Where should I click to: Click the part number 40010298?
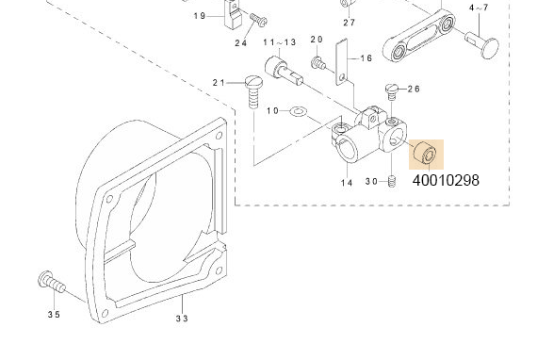click(446, 179)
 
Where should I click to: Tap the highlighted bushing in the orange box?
click(425, 153)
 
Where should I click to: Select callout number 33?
click(182, 319)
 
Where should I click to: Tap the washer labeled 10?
click(298, 112)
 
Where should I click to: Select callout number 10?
click(273, 112)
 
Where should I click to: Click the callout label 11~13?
click(279, 42)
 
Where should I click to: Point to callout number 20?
click(317, 40)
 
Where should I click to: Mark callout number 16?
click(366, 58)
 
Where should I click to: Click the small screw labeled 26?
click(392, 90)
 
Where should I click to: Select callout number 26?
click(413, 90)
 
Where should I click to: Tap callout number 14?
click(347, 183)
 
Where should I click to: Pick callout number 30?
click(371, 182)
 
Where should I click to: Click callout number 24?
click(240, 42)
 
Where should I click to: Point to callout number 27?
click(349, 22)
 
